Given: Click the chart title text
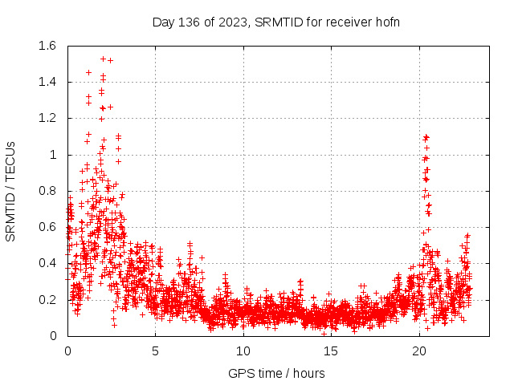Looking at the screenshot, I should click(275, 22).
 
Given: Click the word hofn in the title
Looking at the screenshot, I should click(386, 22).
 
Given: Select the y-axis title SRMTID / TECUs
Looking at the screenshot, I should click(11, 191).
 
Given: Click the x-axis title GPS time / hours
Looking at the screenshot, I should click(276, 373).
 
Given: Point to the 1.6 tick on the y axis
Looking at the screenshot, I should click(47, 46).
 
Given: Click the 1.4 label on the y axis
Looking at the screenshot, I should click(47, 82).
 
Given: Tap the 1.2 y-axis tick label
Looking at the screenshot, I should click(47, 118).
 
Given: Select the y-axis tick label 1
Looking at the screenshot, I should click(53, 155).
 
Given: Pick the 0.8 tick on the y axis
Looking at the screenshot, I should click(47, 191).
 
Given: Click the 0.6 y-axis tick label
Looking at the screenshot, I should click(47, 227).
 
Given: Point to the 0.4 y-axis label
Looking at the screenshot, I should click(47, 263).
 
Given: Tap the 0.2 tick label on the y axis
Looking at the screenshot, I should click(47, 300).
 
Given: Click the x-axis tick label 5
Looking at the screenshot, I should click(155, 351).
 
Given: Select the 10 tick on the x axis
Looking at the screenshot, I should click(243, 351).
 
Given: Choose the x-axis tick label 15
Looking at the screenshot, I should click(331, 351).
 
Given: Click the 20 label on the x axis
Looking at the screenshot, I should click(418, 351).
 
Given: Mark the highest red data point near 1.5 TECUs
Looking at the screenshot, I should click(103, 59).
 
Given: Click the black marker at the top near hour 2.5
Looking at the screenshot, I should click(110, 60).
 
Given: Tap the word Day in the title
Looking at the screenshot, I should click(163, 22).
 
